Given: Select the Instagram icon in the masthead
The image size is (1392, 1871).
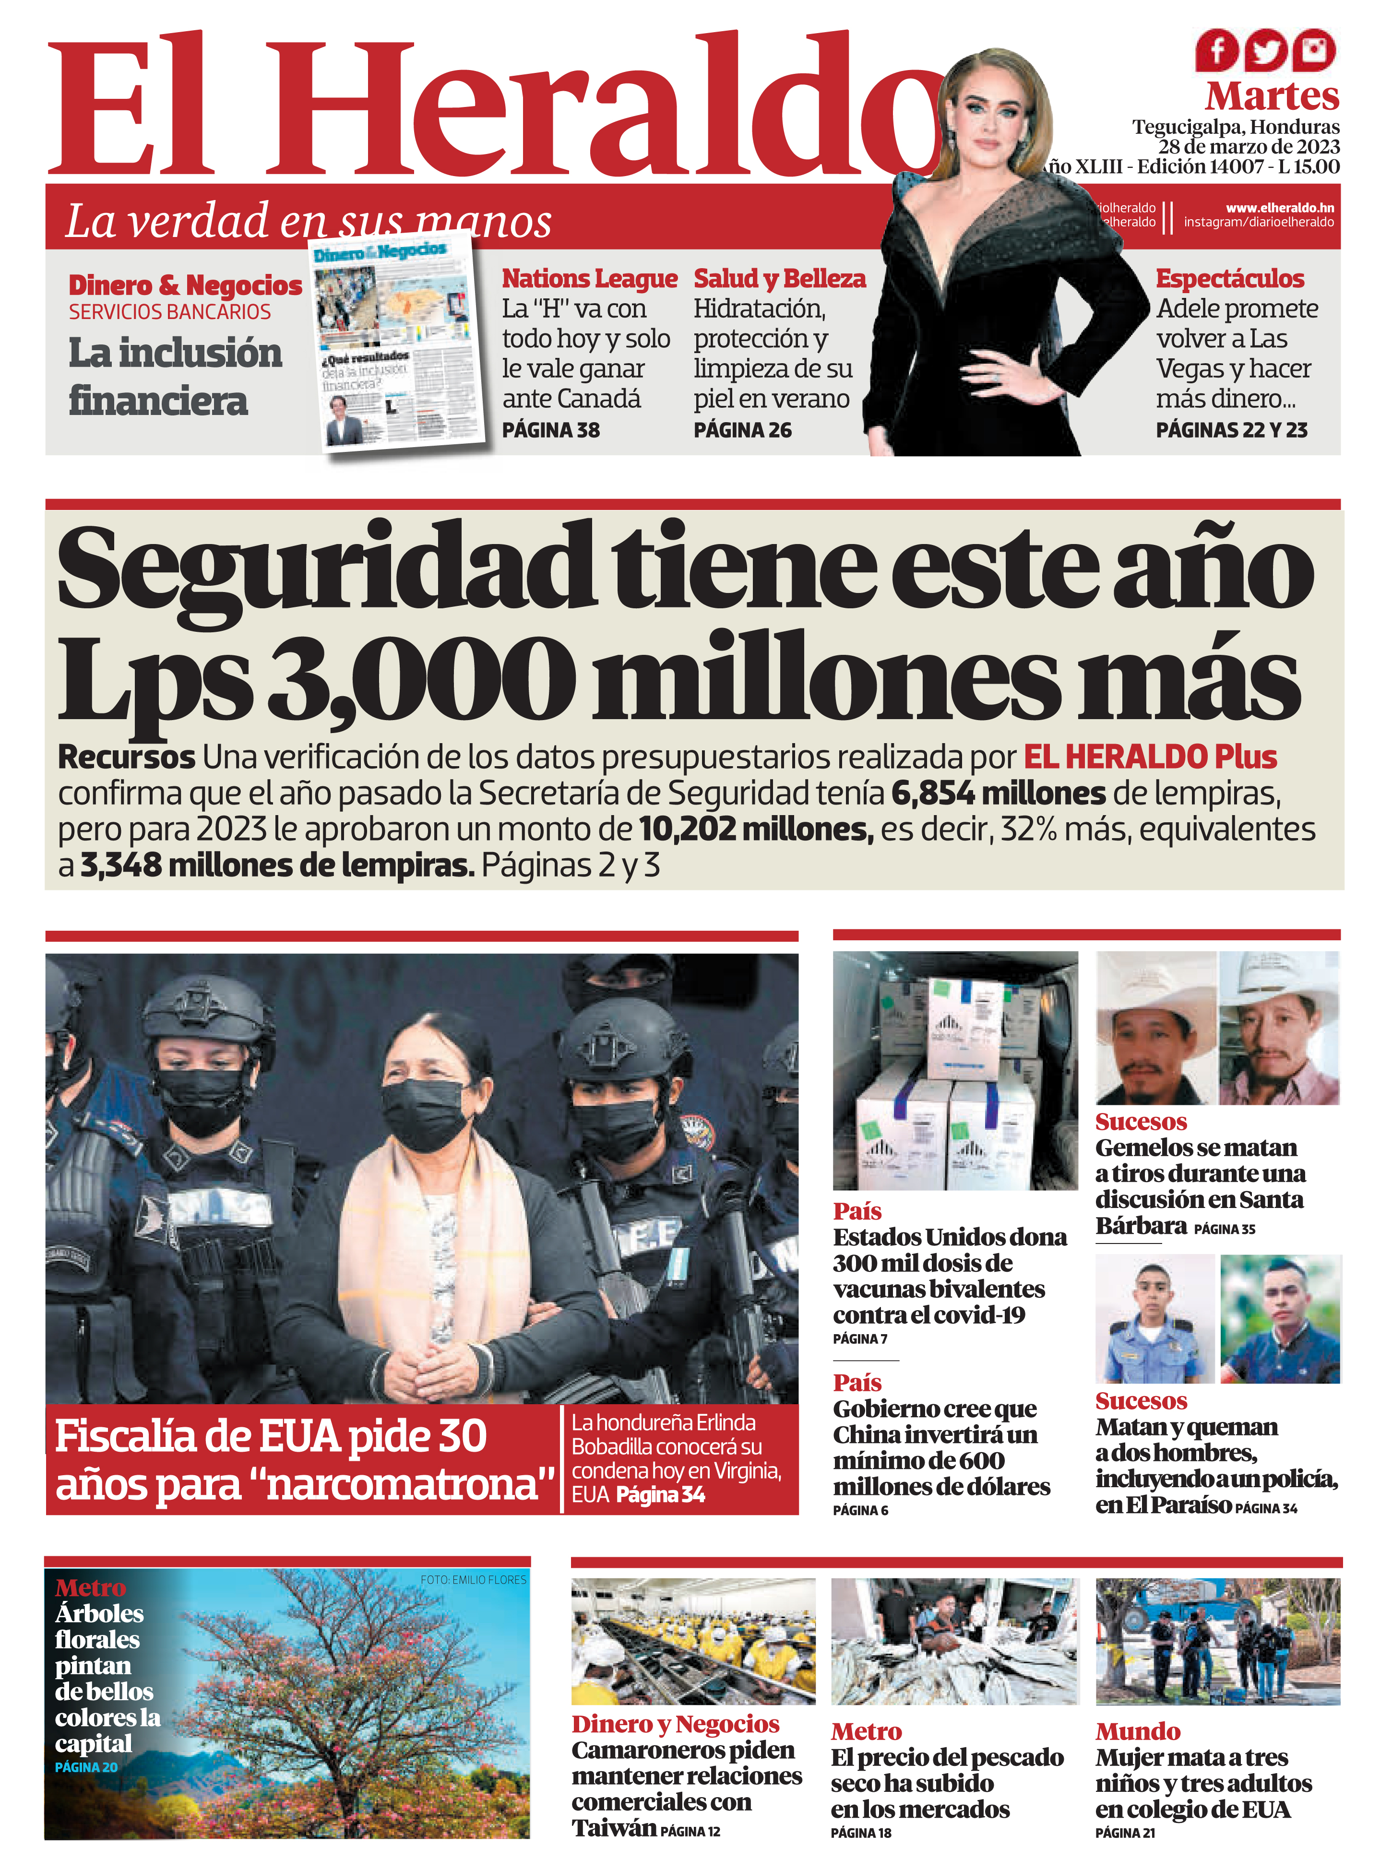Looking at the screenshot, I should point(1314,50).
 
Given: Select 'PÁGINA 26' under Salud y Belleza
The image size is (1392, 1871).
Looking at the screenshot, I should point(742,430).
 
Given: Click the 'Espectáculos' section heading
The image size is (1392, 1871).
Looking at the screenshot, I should point(1229,279).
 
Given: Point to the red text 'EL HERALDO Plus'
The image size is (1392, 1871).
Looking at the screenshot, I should point(1149,758).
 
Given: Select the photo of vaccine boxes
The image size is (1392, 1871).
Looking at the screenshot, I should point(955,1071).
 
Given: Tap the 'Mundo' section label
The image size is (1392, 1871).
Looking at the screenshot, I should point(1138,1731).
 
